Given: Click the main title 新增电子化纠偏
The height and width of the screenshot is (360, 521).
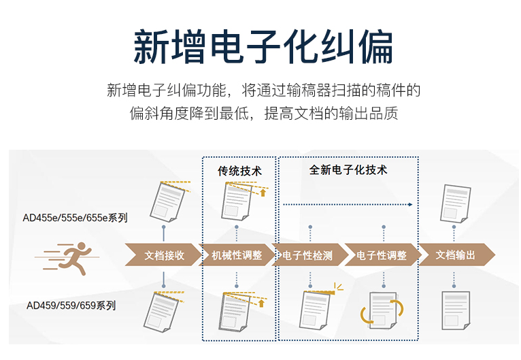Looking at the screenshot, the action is coord(263,47).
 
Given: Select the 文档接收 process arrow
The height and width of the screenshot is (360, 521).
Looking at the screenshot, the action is coord(163,255).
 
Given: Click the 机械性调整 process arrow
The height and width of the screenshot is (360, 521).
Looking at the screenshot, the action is coord(237,255).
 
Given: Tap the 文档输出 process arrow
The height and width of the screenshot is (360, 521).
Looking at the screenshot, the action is coord(457,255).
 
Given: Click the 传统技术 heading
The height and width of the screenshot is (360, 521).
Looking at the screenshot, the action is coord(239,171).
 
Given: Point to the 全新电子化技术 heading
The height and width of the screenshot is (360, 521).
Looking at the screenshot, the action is coord(348,170).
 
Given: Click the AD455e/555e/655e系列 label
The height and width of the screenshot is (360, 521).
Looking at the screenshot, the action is coord(75,218).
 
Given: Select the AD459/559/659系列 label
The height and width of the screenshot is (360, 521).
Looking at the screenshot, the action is coord(71,305).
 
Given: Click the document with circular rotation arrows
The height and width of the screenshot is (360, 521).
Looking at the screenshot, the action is coord(382,310).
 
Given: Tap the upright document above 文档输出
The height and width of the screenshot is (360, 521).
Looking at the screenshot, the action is coord(455,203).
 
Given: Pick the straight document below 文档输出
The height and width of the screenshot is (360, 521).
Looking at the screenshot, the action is coord(456,310).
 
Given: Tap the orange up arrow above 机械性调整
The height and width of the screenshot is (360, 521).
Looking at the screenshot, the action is coord(263,193).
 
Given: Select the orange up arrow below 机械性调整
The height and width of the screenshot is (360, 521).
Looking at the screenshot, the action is coord(261,303).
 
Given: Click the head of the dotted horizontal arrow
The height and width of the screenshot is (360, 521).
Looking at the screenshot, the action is coord(411,204).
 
